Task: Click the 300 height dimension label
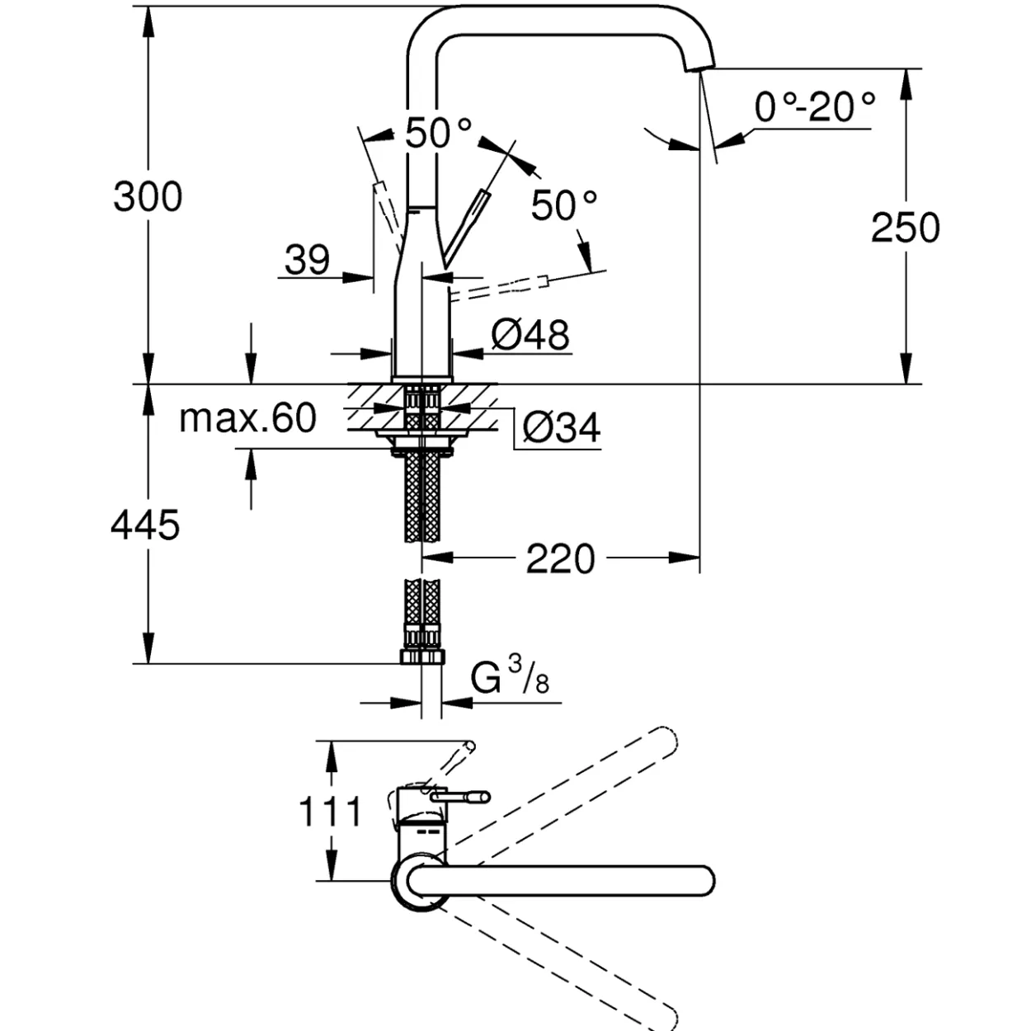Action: pyautogui.click(x=148, y=197)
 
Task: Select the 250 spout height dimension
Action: pyautogui.click(x=906, y=228)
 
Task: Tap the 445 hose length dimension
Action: pyautogui.click(x=145, y=525)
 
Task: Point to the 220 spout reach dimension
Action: pyautogui.click(x=560, y=559)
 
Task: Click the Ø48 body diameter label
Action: pyautogui.click(x=530, y=336)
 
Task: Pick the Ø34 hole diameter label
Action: pyautogui.click(x=561, y=427)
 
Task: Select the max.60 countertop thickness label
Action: pyautogui.click(x=247, y=418)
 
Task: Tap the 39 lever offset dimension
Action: pyautogui.click(x=307, y=260)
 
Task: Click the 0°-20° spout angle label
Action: pyautogui.click(x=815, y=107)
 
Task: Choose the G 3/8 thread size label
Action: pyautogui.click(x=510, y=676)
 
